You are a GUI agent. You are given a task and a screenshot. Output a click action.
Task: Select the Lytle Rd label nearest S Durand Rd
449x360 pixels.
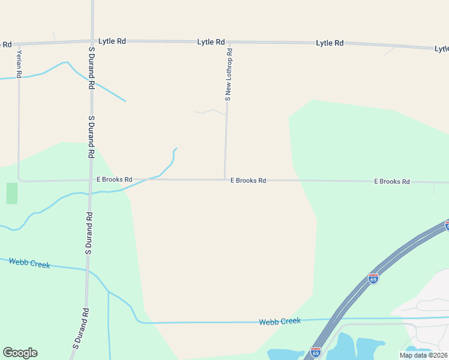[112, 41]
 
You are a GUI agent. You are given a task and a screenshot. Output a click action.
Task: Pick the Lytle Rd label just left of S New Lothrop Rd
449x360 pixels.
[211, 42]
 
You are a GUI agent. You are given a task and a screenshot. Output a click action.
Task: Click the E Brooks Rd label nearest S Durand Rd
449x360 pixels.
[114, 179]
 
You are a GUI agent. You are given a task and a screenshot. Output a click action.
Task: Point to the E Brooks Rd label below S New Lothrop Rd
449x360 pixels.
[248, 180]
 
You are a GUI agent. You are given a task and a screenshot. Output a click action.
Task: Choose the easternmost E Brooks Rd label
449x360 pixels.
[391, 181]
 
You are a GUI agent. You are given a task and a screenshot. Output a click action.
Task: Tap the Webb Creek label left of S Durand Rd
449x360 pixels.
[29, 262]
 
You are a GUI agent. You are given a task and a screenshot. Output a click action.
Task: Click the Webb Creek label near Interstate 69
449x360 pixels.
[280, 322]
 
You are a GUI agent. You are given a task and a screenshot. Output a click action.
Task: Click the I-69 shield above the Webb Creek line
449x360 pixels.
[373, 278]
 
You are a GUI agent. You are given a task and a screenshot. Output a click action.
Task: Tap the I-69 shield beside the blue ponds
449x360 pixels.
[316, 352]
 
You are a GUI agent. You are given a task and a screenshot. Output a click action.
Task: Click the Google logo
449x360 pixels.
[20, 353]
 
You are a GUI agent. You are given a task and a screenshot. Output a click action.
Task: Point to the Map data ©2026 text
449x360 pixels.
[423, 355]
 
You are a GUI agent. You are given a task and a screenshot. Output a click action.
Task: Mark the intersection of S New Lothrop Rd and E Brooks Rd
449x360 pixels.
[224, 179]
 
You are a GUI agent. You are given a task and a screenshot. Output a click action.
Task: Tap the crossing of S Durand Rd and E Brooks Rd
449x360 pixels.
[90, 179]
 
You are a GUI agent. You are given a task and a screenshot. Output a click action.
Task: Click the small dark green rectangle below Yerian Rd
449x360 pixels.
[12, 193]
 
